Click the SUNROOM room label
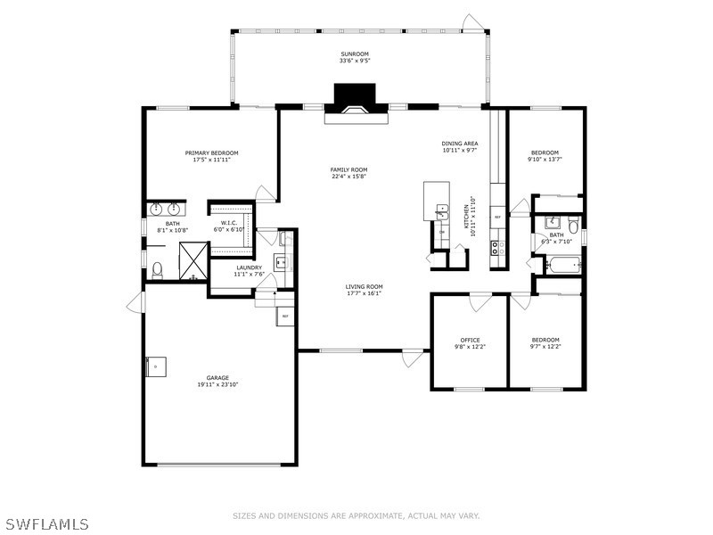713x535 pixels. point(355,53)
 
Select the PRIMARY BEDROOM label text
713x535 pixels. point(211,152)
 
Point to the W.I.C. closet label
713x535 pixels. point(228,222)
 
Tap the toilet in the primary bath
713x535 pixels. point(158,267)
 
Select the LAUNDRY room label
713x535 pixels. point(249,267)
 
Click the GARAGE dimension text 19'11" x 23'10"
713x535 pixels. point(218,384)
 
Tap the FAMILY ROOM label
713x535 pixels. point(348,169)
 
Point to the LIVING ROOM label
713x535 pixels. point(365,286)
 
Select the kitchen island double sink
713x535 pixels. point(441,211)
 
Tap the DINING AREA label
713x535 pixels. point(460,144)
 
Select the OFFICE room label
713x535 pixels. point(470,340)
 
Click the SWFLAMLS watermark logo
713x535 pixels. point(45,523)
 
